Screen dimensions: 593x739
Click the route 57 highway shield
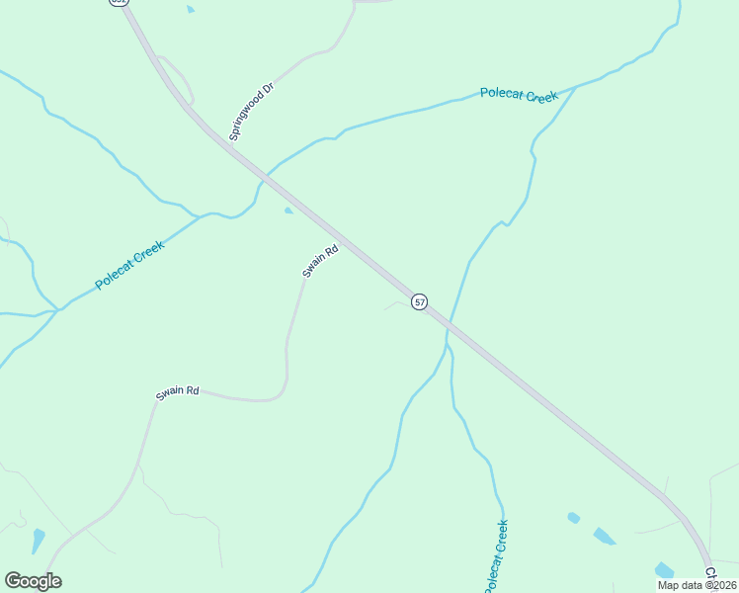coord(420,301)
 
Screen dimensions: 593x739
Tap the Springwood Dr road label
coord(251,112)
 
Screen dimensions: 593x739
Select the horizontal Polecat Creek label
coord(519,95)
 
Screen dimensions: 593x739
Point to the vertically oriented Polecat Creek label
coord(496,556)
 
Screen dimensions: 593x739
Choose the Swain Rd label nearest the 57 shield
coord(320,261)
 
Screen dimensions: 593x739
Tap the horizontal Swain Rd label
coord(178,392)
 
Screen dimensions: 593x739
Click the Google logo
coord(33,581)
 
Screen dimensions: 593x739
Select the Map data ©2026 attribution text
coord(697,585)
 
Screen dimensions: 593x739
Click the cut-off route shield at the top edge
coord(120,2)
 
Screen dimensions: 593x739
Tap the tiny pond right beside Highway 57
coord(287,211)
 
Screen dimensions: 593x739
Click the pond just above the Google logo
coord(38,541)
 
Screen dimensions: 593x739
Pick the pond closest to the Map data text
coord(663,570)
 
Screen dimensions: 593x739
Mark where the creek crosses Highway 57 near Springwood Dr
coord(264,179)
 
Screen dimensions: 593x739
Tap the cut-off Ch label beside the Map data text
coord(709,573)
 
